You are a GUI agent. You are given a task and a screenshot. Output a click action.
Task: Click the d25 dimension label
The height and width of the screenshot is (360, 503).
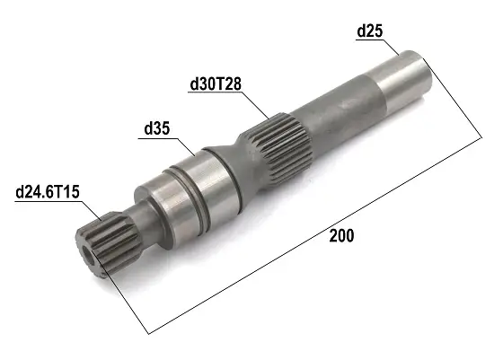click(x=370, y=31)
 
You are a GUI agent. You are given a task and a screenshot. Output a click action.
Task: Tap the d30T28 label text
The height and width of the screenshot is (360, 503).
click(x=216, y=84)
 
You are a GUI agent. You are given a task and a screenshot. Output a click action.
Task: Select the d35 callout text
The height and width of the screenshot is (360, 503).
click(x=157, y=129)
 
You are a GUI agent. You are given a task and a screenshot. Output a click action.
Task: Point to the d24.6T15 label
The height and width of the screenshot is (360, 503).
click(x=48, y=192)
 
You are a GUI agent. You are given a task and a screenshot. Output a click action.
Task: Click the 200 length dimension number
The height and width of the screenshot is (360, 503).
click(x=341, y=236)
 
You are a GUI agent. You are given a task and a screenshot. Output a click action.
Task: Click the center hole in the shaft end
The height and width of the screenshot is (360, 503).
click(x=89, y=255)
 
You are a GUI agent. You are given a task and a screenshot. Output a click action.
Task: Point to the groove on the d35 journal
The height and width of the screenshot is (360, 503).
click(x=190, y=198)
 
